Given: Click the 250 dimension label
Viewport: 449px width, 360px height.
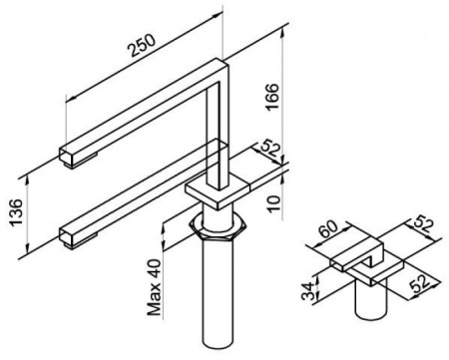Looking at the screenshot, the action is (x=142, y=45).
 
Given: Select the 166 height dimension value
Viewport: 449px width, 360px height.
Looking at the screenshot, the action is (x=272, y=98).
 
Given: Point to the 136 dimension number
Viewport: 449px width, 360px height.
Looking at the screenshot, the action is (x=16, y=212).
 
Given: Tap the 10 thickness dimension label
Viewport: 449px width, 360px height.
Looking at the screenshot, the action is (x=273, y=203).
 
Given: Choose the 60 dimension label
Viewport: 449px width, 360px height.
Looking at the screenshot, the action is (x=328, y=229).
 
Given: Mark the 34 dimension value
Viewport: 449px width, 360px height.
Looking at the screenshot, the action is (x=308, y=291).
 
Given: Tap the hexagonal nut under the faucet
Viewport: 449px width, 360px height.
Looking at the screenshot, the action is (x=218, y=228).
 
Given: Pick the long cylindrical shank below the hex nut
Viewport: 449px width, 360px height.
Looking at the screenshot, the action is (x=218, y=292).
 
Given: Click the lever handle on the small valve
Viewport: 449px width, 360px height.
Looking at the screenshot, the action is (x=358, y=253).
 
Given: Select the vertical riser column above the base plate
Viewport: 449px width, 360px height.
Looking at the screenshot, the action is (x=218, y=133).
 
